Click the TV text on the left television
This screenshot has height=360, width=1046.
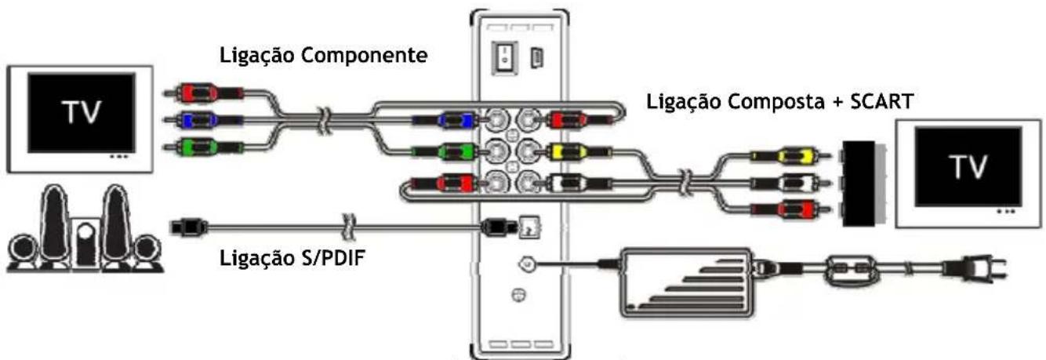coord(82,111)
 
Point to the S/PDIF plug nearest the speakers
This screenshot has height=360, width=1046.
coord(188,226)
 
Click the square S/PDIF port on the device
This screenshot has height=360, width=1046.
coord(531,227)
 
